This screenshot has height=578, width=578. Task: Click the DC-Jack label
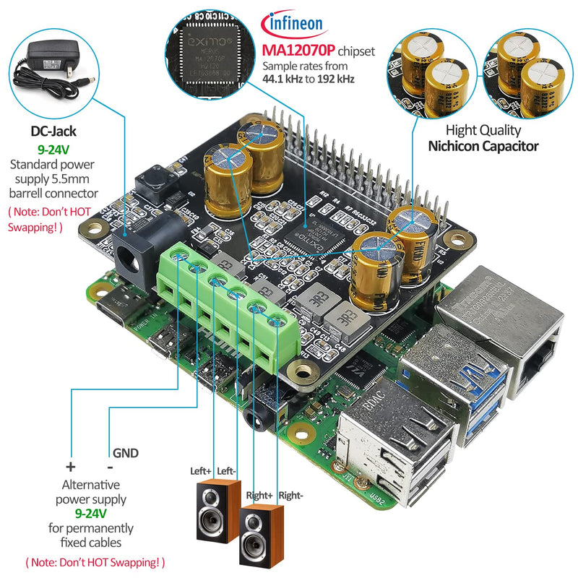click(53, 131)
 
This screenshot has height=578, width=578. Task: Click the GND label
click(125, 453)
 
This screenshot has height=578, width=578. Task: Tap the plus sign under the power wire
click(71, 466)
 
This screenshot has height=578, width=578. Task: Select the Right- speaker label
click(291, 496)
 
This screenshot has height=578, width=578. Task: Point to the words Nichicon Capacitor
click(483, 146)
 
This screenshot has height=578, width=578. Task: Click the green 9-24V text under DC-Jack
click(53, 150)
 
